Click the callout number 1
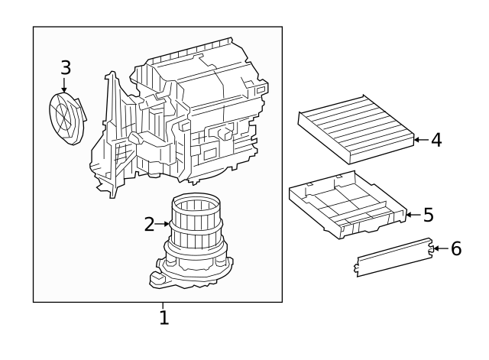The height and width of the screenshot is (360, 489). click(164, 316)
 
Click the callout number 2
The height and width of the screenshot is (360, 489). click(149, 224)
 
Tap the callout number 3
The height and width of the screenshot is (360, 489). click(66, 67)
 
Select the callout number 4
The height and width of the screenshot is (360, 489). click(436, 140)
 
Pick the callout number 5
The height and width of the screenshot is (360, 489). click(428, 215)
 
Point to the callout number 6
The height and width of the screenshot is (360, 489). click(456, 248)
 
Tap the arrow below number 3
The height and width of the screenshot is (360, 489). click(65, 86)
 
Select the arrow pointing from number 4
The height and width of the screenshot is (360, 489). click(419, 140)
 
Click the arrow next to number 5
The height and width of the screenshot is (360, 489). click(410, 215)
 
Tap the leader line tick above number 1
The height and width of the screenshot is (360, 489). click(164, 305)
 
